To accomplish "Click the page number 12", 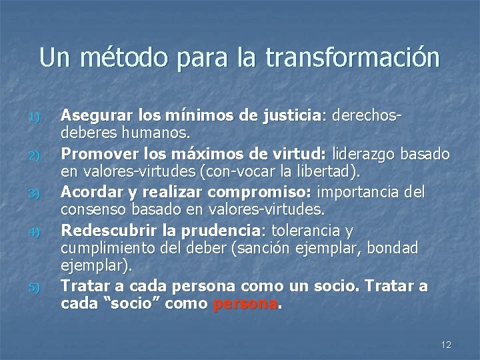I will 446,343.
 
